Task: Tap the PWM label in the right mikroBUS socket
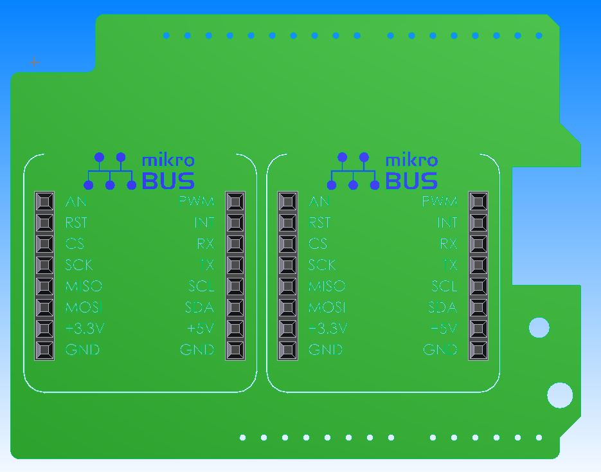439,202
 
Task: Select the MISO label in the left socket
84,286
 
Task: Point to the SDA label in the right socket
442,307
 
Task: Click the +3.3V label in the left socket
85,329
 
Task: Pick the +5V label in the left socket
200,329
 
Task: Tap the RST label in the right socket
319,223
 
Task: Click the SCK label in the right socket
322,265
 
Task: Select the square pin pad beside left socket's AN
44,202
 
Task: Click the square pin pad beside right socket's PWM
478,202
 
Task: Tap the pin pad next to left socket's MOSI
44,307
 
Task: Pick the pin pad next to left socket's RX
235,244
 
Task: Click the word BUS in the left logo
168,181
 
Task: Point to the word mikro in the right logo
411,160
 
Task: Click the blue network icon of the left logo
110,172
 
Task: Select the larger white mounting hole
560,395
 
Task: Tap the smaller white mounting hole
539,328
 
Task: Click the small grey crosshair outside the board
35,62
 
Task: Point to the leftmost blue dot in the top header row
166,35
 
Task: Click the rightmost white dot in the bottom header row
539,438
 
